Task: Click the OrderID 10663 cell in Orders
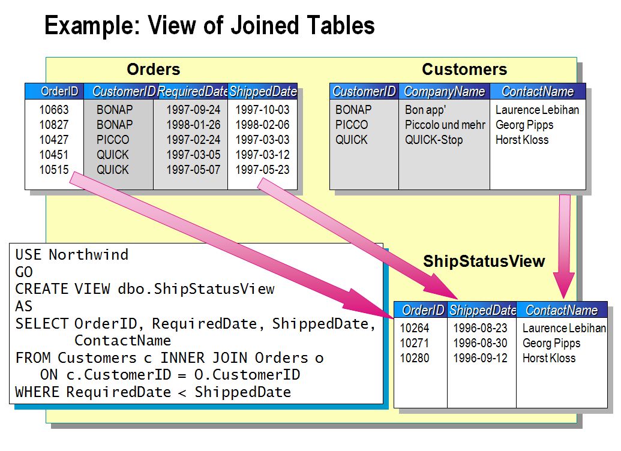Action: [54, 110]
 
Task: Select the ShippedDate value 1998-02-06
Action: [262, 125]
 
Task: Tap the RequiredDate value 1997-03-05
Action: [193, 155]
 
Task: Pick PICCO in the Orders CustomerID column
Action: [113, 140]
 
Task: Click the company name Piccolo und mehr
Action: [445, 125]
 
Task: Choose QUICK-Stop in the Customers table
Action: [434, 140]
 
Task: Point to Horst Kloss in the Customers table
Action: [521, 140]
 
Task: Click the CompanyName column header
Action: [444, 92]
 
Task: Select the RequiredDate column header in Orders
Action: [192, 92]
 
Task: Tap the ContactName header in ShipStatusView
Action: [561, 310]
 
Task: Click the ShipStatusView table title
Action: [484, 261]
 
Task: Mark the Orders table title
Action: [154, 70]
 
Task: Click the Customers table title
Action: [464, 70]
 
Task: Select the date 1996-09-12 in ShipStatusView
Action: [479, 359]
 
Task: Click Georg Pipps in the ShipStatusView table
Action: [551, 344]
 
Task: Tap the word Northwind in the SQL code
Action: [88, 255]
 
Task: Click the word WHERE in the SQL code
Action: [37, 393]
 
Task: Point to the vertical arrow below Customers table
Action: [564, 240]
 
